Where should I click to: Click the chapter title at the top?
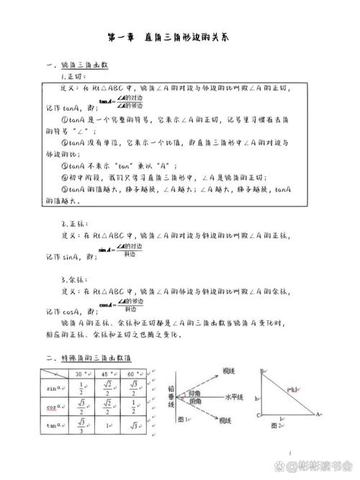(x=179, y=36)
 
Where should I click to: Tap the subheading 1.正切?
(x=74, y=76)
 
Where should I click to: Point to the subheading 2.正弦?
(x=74, y=223)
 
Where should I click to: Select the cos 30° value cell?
(x=82, y=407)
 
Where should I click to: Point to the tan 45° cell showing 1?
(x=107, y=425)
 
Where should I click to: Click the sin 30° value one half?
(x=82, y=389)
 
